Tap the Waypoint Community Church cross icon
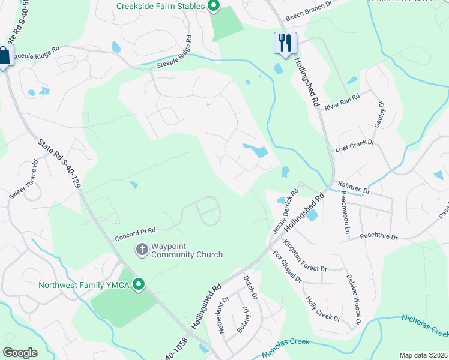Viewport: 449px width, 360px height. (x=142, y=249)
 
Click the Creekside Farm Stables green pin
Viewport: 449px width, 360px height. (x=213, y=7)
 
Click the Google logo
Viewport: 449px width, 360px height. (x=20, y=353)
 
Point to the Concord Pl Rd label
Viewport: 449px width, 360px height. (x=135, y=233)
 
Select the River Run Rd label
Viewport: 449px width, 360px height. (x=342, y=101)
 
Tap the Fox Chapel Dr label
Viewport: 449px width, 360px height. (x=287, y=268)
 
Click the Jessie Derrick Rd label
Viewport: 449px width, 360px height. (x=285, y=212)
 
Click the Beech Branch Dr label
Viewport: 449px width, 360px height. (x=309, y=5)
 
